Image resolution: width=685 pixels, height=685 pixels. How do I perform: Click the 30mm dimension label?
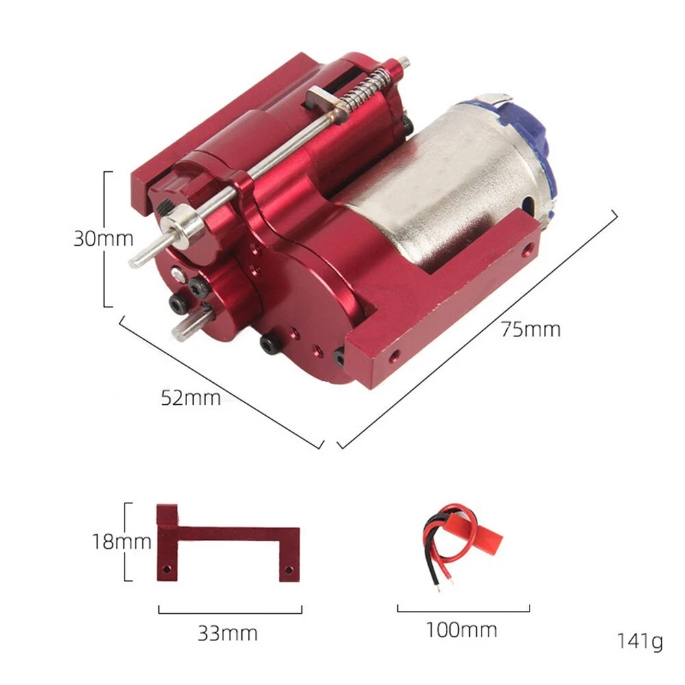(103, 238)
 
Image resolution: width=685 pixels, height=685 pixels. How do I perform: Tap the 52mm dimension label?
(190, 398)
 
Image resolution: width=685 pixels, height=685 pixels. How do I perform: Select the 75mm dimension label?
(530, 329)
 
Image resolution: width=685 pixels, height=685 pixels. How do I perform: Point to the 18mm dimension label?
(122, 542)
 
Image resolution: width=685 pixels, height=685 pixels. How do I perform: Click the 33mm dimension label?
(227, 633)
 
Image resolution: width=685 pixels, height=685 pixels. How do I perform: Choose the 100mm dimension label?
(461, 630)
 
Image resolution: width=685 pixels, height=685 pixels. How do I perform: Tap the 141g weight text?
(640, 642)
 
